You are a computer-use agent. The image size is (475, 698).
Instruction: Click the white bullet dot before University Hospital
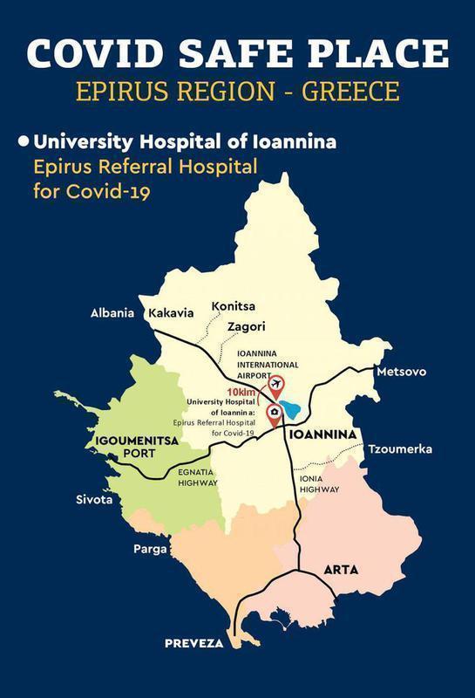(x=24, y=140)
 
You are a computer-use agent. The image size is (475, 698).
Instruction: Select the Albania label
(x=112, y=313)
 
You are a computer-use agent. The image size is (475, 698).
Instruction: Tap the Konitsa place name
(x=233, y=307)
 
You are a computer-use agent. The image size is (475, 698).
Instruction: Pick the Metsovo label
(x=401, y=372)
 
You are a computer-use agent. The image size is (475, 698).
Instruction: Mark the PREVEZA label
(x=194, y=643)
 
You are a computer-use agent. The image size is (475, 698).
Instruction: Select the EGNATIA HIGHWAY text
(x=197, y=477)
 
